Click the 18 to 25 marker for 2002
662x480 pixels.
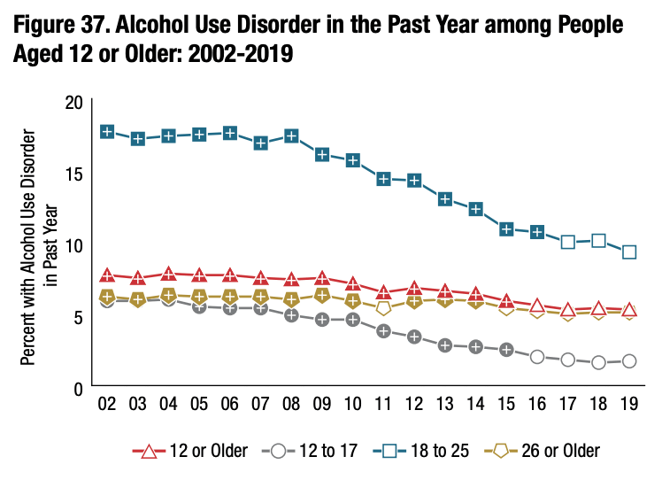click(107, 132)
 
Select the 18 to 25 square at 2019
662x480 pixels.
click(629, 252)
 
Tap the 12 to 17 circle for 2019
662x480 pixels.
click(629, 360)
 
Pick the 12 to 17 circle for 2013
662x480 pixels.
click(445, 345)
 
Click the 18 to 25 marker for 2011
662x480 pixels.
click(383, 179)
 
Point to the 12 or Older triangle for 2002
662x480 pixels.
click(107, 276)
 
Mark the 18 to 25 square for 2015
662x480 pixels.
click(506, 229)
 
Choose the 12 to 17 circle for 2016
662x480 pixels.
click(537, 356)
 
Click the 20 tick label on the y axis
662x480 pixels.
click(74, 102)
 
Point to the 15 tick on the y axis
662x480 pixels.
click(74, 174)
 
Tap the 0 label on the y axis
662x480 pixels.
click(79, 388)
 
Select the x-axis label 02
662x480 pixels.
click(107, 405)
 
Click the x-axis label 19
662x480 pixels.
click(629, 405)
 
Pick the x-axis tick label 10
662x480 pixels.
click(353, 405)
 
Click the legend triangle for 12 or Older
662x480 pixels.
click(150, 451)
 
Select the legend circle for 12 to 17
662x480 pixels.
click(278, 451)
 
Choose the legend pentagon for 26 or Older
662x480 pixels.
click(500, 451)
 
